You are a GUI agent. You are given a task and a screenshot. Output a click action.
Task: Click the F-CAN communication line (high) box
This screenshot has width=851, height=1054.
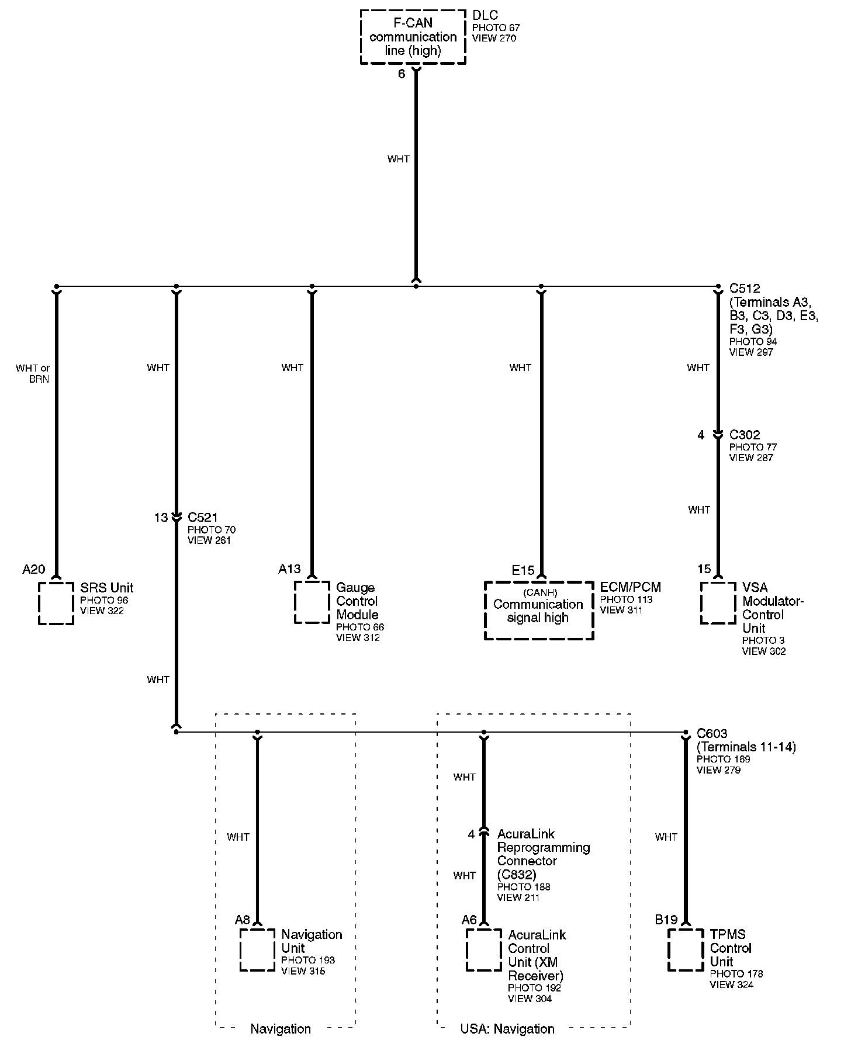point(413,37)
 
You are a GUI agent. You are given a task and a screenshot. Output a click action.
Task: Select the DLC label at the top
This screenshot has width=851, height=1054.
point(485,16)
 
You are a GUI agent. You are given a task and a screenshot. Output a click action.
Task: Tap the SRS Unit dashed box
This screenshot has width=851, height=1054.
point(56,603)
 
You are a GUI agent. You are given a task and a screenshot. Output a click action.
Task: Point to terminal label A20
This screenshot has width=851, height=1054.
point(34,569)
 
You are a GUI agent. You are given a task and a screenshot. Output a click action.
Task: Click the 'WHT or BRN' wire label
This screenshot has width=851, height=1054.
point(33,373)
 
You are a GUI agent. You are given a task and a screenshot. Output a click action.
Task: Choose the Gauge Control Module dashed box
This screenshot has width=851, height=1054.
point(312,602)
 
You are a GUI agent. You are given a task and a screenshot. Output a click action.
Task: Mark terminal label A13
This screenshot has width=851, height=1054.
point(289,569)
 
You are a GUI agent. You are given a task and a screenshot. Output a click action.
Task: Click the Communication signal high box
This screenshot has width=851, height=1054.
point(538,611)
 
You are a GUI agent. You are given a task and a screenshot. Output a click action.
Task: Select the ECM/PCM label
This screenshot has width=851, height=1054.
point(631,587)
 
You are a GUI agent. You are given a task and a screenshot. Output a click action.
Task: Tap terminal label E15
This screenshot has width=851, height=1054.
point(523,570)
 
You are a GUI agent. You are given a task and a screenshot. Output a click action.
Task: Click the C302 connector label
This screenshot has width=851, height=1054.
point(745,435)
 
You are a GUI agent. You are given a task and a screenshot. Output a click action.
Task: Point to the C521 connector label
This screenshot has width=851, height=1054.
point(203,517)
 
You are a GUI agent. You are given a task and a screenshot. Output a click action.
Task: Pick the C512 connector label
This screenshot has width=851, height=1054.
point(745,288)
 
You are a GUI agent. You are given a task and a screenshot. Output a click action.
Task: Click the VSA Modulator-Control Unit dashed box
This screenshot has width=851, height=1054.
point(718,602)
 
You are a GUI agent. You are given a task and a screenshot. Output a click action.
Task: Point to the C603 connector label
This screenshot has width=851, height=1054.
point(712,733)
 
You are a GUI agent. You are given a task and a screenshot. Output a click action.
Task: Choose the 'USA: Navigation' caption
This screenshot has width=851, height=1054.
point(507,1029)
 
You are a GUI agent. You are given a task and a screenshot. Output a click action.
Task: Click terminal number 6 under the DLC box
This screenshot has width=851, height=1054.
point(402,74)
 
